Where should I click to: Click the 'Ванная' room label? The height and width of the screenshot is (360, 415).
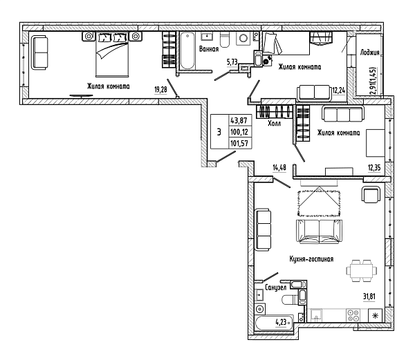point(209,49)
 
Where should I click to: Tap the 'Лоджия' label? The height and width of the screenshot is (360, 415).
point(369,53)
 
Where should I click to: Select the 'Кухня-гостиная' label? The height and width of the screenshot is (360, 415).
point(311,259)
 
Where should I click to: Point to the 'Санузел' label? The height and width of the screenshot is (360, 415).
point(275,287)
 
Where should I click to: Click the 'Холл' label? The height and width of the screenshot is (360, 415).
point(274,123)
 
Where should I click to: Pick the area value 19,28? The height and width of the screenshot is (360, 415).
point(160,90)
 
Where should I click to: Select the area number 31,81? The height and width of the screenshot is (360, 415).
point(369,296)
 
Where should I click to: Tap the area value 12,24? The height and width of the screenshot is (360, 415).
point(339,91)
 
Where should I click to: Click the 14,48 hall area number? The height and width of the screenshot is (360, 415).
point(279,168)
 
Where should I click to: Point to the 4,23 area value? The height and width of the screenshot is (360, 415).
point(281,322)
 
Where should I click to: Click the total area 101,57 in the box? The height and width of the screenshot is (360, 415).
point(239,143)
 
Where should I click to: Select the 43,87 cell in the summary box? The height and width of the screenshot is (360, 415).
point(239,120)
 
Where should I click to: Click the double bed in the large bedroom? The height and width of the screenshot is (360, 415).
point(112,55)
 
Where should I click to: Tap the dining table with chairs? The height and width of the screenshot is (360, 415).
point(361,271)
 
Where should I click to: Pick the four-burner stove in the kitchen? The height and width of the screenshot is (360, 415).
point(353,315)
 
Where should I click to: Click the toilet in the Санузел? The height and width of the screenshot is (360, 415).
point(290,300)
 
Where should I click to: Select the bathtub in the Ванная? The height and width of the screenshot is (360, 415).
point(187,50)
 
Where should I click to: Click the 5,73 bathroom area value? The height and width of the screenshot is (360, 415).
point(232,62)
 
